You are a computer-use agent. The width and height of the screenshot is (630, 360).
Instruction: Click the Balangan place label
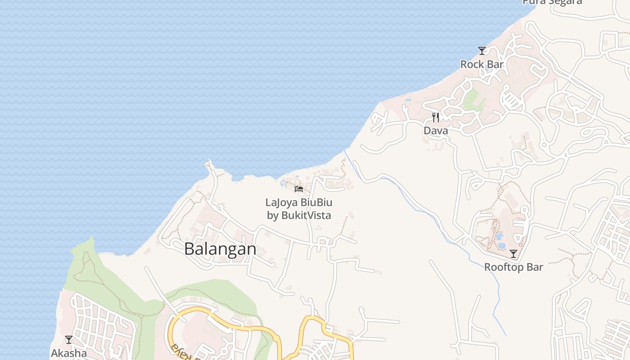click(220, 249)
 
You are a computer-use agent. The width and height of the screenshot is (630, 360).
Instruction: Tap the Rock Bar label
click(481, 64)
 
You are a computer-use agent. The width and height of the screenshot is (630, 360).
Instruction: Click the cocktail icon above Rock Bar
click(482, 50)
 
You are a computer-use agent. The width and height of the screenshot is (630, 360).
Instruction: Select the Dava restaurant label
click(436, 130)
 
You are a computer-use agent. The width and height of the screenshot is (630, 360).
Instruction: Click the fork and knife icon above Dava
click(436, 117)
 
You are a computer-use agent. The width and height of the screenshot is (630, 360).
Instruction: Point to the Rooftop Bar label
click(513, 267)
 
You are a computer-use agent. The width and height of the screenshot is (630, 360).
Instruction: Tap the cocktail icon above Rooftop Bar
click(513, 254)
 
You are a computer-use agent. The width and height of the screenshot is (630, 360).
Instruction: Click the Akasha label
click(68, 353)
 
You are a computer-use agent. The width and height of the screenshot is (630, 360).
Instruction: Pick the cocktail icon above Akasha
click(68, 340)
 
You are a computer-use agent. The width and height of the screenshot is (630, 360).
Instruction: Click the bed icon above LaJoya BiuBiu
click(299, 189)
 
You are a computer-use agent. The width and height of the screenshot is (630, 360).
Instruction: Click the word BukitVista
click(306, 215)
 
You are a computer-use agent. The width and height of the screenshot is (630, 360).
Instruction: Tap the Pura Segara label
click(552, 2)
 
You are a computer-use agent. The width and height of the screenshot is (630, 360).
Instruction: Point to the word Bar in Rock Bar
click(495, 64)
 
